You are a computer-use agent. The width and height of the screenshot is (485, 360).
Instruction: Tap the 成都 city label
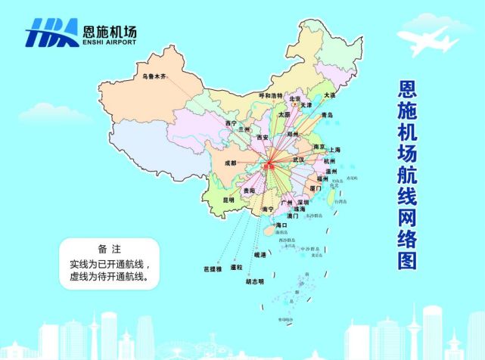coord(230,163)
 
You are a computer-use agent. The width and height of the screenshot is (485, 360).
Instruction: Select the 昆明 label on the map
coord(229,200)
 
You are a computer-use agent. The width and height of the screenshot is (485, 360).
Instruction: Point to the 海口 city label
coord(281,225)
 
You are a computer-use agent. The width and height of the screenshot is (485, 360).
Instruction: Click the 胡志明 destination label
coord(255,282)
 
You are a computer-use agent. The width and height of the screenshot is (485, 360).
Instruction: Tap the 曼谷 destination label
coord(237,267)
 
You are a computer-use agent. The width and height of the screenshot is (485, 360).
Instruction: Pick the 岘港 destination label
coord(260,256)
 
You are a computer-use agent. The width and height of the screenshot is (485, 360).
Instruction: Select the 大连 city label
coord(328,95)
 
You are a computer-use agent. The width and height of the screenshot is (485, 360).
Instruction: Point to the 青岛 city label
coord(327,115)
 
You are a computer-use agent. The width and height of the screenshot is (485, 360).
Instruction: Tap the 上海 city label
coord(332,150)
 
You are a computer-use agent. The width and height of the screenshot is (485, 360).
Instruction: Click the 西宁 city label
coord(232,123)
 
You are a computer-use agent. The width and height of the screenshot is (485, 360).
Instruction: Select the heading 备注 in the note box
coord(110,248)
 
